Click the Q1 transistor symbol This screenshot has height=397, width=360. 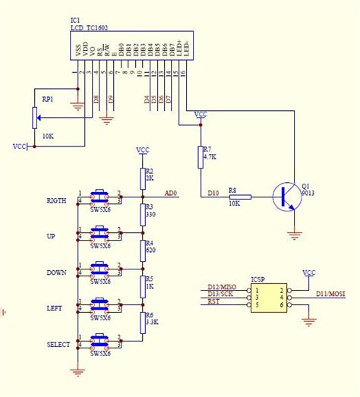tap(286, 197)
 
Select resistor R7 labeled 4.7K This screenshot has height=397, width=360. tap(201, 157)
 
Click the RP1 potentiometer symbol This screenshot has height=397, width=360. tap(34, 117)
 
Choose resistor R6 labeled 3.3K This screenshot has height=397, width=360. tap(141, 322)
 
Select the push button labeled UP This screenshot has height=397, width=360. tap(99, 233)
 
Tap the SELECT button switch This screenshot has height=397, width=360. tap(99, 341)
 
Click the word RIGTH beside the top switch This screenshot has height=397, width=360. tap(56, 201)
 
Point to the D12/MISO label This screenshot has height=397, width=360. tap(222, 286)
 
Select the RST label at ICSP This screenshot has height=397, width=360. tap(214, 301)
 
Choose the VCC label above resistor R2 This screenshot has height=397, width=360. tap(142, 150)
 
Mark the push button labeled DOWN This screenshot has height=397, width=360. tap(99, 269)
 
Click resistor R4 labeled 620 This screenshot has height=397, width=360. tap(141, 250)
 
